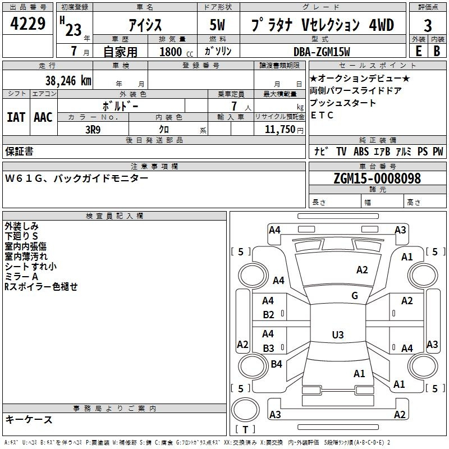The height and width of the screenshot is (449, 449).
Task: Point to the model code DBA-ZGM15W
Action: [322, 52]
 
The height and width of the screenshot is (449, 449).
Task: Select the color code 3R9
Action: [93, 129]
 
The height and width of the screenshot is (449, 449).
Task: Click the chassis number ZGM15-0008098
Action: [377, 178]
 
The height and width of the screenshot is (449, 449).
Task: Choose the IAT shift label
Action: [16, 117]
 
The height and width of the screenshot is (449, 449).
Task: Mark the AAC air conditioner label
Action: [43, 117]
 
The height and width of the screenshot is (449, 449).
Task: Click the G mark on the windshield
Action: [355, 296]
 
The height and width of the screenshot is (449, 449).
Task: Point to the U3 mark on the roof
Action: [337, 335]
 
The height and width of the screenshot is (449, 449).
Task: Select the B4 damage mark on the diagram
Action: [276, 364]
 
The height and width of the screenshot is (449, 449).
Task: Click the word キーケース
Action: [29, 419]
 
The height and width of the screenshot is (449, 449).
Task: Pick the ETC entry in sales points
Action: [322, 116]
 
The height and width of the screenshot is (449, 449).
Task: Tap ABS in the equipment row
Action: [361, 152]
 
